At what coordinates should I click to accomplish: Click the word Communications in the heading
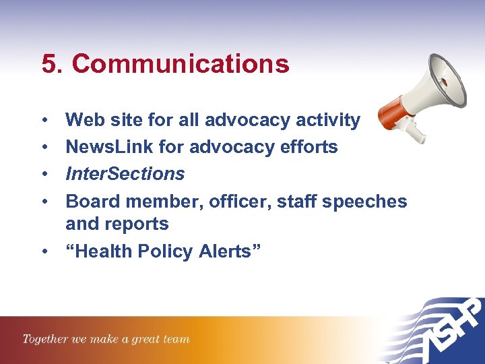click(x=181, y=64)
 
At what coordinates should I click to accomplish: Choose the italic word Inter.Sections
click(x=125, y=174)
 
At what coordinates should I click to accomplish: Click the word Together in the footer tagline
click(x=46, y=339)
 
